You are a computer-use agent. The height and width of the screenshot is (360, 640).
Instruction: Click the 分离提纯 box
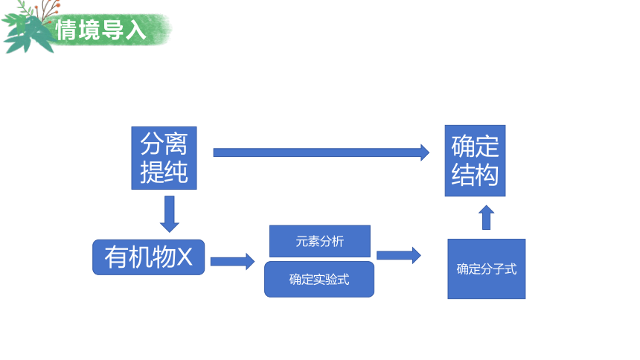click(164, 158)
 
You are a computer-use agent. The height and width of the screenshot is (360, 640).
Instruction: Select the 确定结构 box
click(475, 161)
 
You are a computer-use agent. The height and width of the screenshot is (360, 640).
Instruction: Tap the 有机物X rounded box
click(149, 257)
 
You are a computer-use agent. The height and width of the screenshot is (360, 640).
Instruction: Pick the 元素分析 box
click(320, 241)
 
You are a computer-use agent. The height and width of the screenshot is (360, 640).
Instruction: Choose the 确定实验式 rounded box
click(319, 279)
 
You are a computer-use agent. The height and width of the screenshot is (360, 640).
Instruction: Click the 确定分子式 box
click(487, 269)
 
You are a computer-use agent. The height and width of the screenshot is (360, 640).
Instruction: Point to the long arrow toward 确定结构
click(321, 152)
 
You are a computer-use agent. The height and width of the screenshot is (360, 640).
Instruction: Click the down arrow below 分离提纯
click(170, 214)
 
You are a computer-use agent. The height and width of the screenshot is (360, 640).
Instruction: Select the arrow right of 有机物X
click(233, 261)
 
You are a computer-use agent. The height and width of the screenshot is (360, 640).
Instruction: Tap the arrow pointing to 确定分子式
click(399, 256)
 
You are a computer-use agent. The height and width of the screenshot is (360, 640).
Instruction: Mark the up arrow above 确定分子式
click(486, 217)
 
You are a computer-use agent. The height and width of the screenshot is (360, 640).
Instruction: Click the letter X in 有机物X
click(185, 257)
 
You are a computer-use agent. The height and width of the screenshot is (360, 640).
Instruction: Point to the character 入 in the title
click(135, 30)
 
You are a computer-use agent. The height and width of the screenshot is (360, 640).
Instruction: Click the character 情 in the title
click(66, 30)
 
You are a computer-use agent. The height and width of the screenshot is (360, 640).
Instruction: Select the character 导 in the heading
click(112, 30)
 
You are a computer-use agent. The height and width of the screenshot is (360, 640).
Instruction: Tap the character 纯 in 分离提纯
click(176, 172)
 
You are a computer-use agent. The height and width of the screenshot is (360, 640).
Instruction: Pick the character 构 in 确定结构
click(487, 175)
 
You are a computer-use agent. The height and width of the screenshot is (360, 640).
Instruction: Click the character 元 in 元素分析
click(301, 241)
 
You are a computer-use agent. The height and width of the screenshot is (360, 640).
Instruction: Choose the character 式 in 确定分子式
click(511, 269)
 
